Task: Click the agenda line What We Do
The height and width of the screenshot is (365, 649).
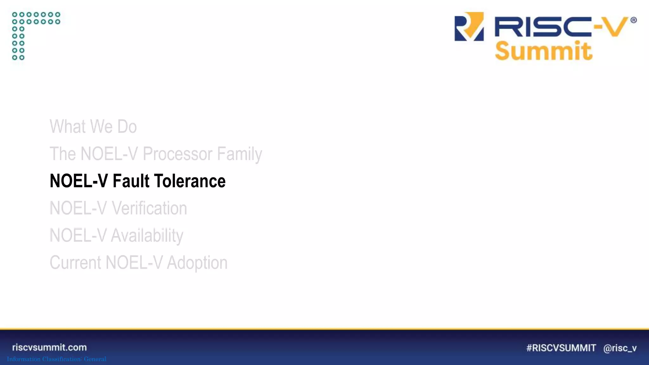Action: [x=93, y=127]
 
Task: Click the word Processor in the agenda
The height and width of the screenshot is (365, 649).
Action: [x=177, y=154]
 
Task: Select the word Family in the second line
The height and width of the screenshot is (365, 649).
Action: [x=239, y=154]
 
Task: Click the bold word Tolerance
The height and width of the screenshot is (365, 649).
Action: [x=190, y=181]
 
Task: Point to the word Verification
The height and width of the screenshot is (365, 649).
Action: [x=149, y=208]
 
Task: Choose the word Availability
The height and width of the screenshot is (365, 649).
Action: [x=147, y=236]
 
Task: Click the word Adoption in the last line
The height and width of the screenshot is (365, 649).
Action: [x=197, y=263]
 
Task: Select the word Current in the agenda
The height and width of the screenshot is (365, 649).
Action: [x=75, y=263]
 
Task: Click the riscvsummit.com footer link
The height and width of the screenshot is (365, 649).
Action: [x=49, y=348]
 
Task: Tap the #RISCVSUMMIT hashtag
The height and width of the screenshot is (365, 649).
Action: [x=561, y=348]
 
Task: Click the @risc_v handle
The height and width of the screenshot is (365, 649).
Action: [x=620, y=348]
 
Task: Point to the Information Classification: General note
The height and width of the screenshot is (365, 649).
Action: [x=57, y=359]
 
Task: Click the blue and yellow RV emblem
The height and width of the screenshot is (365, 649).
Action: [x=469, y=27]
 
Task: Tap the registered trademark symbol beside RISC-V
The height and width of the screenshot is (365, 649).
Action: [x=633, y=20]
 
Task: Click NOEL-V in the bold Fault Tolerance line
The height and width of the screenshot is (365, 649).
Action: [x=79, y=181]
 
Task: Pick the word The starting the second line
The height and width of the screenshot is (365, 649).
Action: [x=62, y=154]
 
